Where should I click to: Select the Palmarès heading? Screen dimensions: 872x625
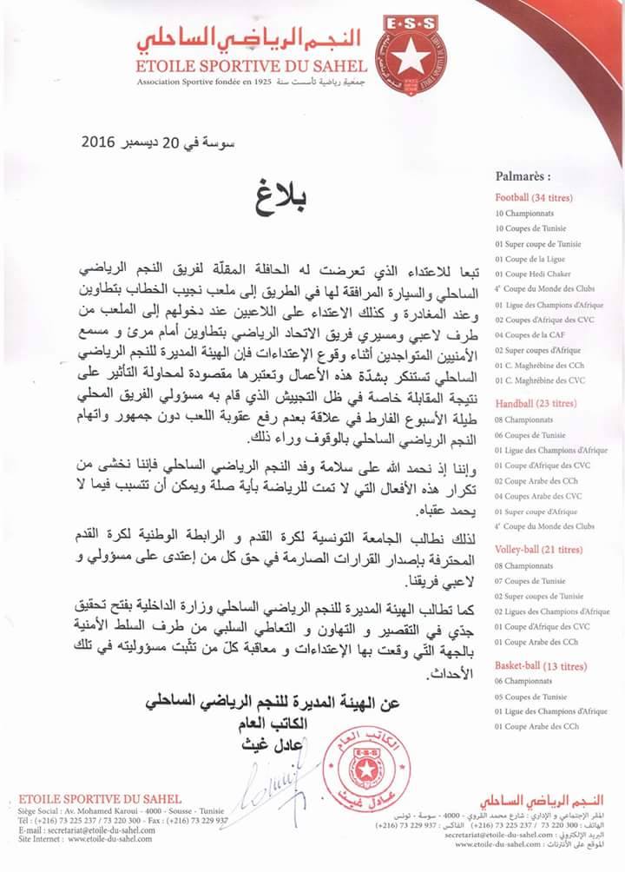pyautogui.click(x=523, y=175)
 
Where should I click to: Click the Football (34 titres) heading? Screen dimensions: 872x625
pyautogui.click(x=533, y=197)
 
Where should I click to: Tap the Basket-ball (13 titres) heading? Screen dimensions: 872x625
pyautogui.click(x=535, y=666)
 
